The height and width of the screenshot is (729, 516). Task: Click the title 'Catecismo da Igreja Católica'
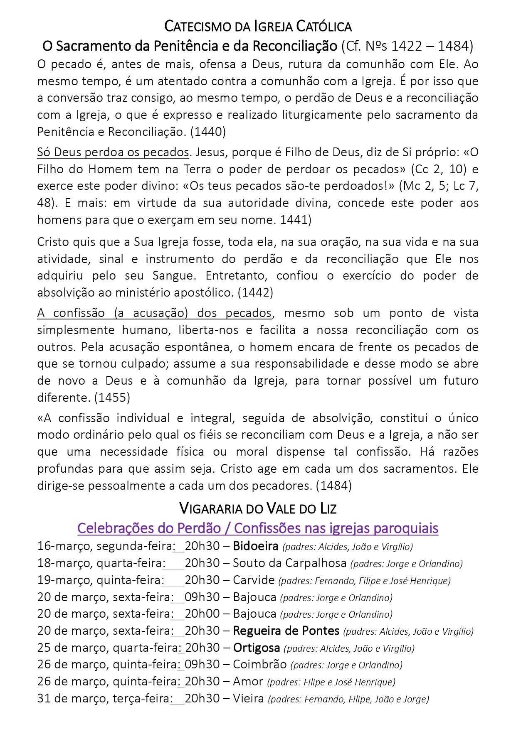coord(258,27)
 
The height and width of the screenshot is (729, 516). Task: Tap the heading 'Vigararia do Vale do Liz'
coord(258,508)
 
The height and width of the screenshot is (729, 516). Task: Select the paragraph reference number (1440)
coord(208,132)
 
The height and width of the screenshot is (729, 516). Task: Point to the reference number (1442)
coord(255,293)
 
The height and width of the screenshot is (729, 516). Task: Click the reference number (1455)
coord(112,398)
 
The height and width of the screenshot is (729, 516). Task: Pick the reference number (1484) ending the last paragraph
coord(333,486)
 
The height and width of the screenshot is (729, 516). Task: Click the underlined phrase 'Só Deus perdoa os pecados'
coord(113,152)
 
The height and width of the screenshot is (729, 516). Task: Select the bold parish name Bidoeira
coord(255,546)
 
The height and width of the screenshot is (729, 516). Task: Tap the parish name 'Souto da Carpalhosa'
coord(289,563)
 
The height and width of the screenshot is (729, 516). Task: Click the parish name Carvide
coord(254,580)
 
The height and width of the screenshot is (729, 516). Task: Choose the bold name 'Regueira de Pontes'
coord(286,631)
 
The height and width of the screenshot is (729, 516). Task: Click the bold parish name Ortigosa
coord(256,648)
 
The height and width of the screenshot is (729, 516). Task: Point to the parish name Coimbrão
coord(259,665)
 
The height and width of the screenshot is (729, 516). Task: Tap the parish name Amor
coord(248,682)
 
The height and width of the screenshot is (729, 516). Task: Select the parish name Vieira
coord(248,699)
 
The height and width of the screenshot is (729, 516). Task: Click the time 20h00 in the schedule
coord(202,614)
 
